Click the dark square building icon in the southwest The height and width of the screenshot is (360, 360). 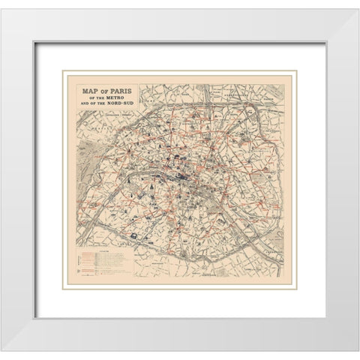[x=133, y=235]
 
